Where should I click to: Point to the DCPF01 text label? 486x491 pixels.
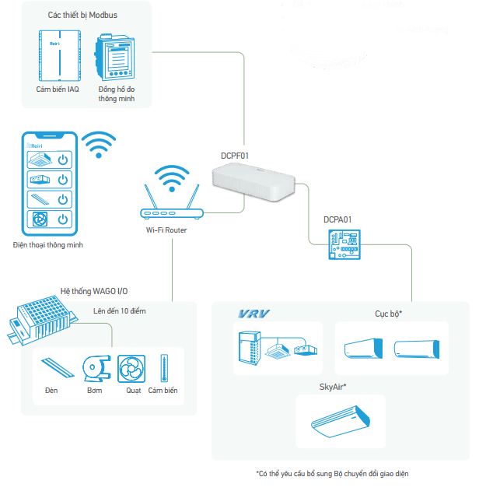[235, 156]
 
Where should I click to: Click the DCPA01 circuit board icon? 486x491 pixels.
[343, 245]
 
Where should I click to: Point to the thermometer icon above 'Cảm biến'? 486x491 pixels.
[163, 367]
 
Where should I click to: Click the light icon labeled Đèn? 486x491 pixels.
[52, 368]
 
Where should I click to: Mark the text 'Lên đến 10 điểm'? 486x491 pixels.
[119, 310]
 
